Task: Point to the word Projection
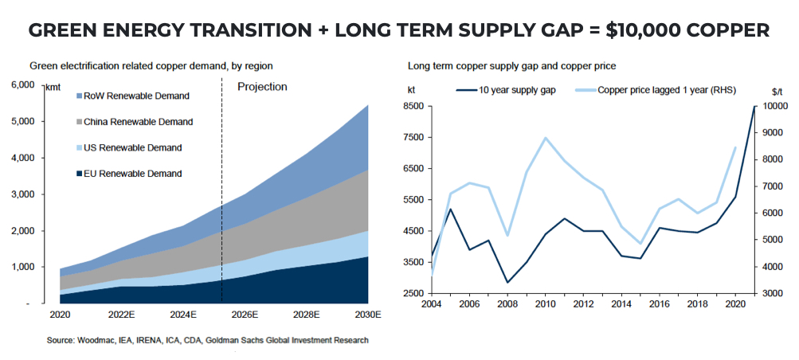262,87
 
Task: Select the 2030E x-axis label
366,313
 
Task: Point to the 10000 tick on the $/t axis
774,106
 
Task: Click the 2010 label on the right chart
545,304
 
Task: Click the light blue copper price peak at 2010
546,138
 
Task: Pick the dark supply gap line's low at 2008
507,282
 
